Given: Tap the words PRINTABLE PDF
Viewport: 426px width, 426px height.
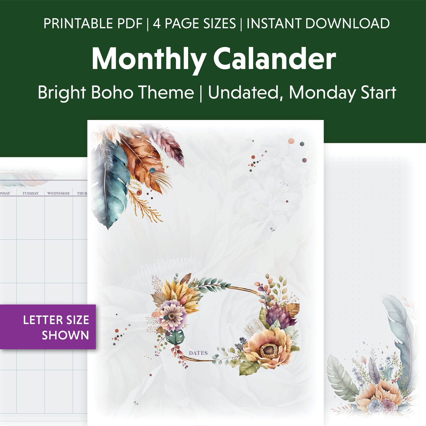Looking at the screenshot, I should (x=93, y=24).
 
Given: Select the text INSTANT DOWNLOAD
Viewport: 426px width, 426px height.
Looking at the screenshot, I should (x=318, y=24).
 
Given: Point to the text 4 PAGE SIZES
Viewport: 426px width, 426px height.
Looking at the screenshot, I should (x=194, y=24).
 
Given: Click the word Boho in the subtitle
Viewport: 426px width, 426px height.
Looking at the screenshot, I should (x=112, y=93).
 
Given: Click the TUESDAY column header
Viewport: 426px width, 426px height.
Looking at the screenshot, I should (x=30, y=193).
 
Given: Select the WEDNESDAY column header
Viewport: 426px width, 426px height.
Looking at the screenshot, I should (x=58, y=193).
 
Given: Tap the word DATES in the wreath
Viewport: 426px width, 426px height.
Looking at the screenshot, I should (x=198, y=353).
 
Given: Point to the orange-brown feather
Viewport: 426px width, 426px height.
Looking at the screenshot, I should (x=142, y=161).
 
